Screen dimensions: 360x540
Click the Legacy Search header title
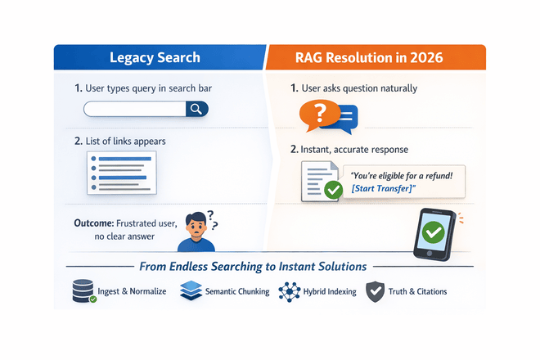[x=155, y=58]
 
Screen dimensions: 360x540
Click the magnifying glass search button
[x=196, y=109]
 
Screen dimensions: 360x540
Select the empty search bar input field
[x=135, y=109]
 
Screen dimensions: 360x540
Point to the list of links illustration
[x=120, y=170]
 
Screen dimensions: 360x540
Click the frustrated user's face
[x=195, y=225]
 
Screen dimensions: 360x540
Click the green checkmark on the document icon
[x=333, y=190]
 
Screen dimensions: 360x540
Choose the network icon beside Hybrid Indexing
[x=289, y=291]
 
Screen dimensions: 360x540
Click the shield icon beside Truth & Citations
[x=376, y=291]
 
